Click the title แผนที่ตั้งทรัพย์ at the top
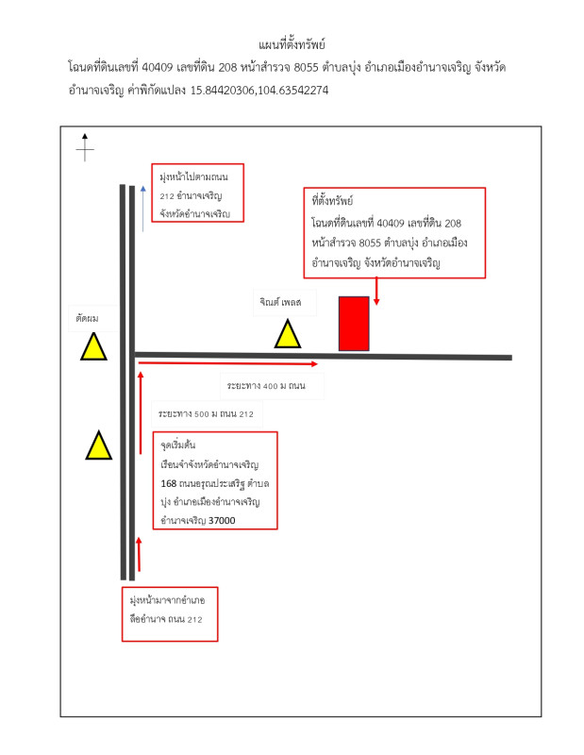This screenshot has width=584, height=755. pyautogui.click(x=292, y=44)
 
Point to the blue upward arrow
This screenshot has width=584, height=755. pyautogui.click(x=142, y=208)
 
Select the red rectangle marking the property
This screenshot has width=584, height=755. pyautogui.click(x=354, y=324)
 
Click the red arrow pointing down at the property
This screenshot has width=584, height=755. pyautogui.click(x=377, y=292)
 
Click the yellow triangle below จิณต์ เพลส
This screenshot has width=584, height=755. pyautogui.click(x=287, y=335)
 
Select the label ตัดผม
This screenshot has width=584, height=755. pyautogui.click(x=88, y=319)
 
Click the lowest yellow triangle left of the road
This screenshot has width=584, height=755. pyautogui.click(x=98, y=445)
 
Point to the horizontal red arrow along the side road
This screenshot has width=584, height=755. pyautogui.click(x=226, y=362)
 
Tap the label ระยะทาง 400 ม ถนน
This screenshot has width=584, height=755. pyautogui.click(x=265, y=386)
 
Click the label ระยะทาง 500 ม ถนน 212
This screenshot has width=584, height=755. pyautogui.click(x=207, y=413)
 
